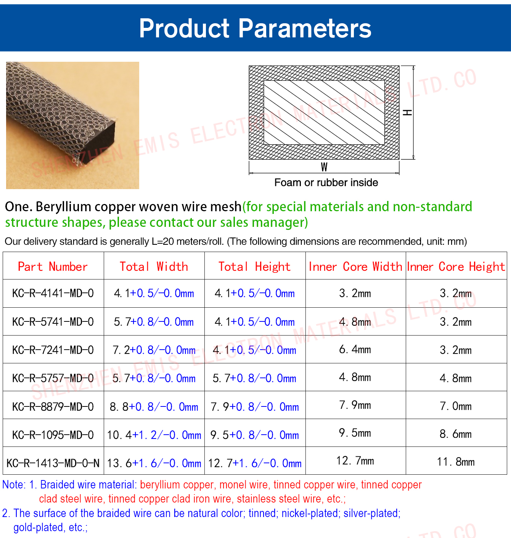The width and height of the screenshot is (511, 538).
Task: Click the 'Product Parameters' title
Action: click(x=255, y=29)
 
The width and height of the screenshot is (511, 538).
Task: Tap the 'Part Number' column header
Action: click(x=53, y=267)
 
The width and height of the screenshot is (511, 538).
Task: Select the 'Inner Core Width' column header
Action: click(x=355, y=267)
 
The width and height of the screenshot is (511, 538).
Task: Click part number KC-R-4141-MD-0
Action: click(x=53, y=293)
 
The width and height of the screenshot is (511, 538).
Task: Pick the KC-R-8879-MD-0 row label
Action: click(x=53, y=407)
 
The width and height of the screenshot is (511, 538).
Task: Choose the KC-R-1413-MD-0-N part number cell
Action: click(x=53, y=463)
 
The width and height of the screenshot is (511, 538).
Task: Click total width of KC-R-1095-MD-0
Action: click(x=154, y=435)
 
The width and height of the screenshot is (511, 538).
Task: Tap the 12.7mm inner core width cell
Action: click(x=355, y=461)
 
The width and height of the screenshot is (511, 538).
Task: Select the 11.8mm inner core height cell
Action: click(x=456, y=462)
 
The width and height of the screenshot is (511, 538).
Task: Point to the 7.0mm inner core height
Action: click(x=456, y=406)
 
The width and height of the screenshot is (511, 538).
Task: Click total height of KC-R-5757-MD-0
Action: click(x=254, y=378)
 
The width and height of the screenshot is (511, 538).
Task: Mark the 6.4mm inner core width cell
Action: click(x=355, y=350)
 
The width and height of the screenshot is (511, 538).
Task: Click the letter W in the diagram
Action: click(x=324, y=167)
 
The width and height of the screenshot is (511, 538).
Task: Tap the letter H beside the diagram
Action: click(x=408, y=112)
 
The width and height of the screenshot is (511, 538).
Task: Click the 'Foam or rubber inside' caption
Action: click(x=326, y=183)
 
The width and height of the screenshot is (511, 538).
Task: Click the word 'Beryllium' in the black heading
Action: click(x=64, y=207)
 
